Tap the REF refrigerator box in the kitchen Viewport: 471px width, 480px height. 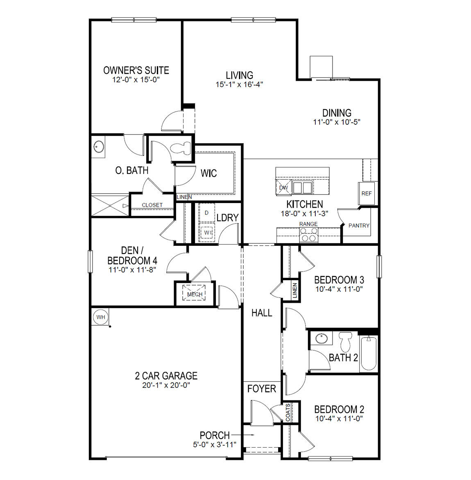pos(367,193)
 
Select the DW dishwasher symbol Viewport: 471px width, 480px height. pos(283,187)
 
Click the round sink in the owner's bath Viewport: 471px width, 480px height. pos(99,146)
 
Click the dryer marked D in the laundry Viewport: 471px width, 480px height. pos(206,213)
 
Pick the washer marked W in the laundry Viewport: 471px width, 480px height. pos(207,233)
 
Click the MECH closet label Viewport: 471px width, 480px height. pos(195,294)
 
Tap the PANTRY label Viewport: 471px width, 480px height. pos(359,225)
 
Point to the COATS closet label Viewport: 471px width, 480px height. pos(288,412)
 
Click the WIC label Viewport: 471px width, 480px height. pos(208,173)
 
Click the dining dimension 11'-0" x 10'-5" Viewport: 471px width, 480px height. pos(337,122)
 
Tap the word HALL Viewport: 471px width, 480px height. pos(262,313)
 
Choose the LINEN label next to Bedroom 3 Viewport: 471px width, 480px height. pos(295,290)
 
